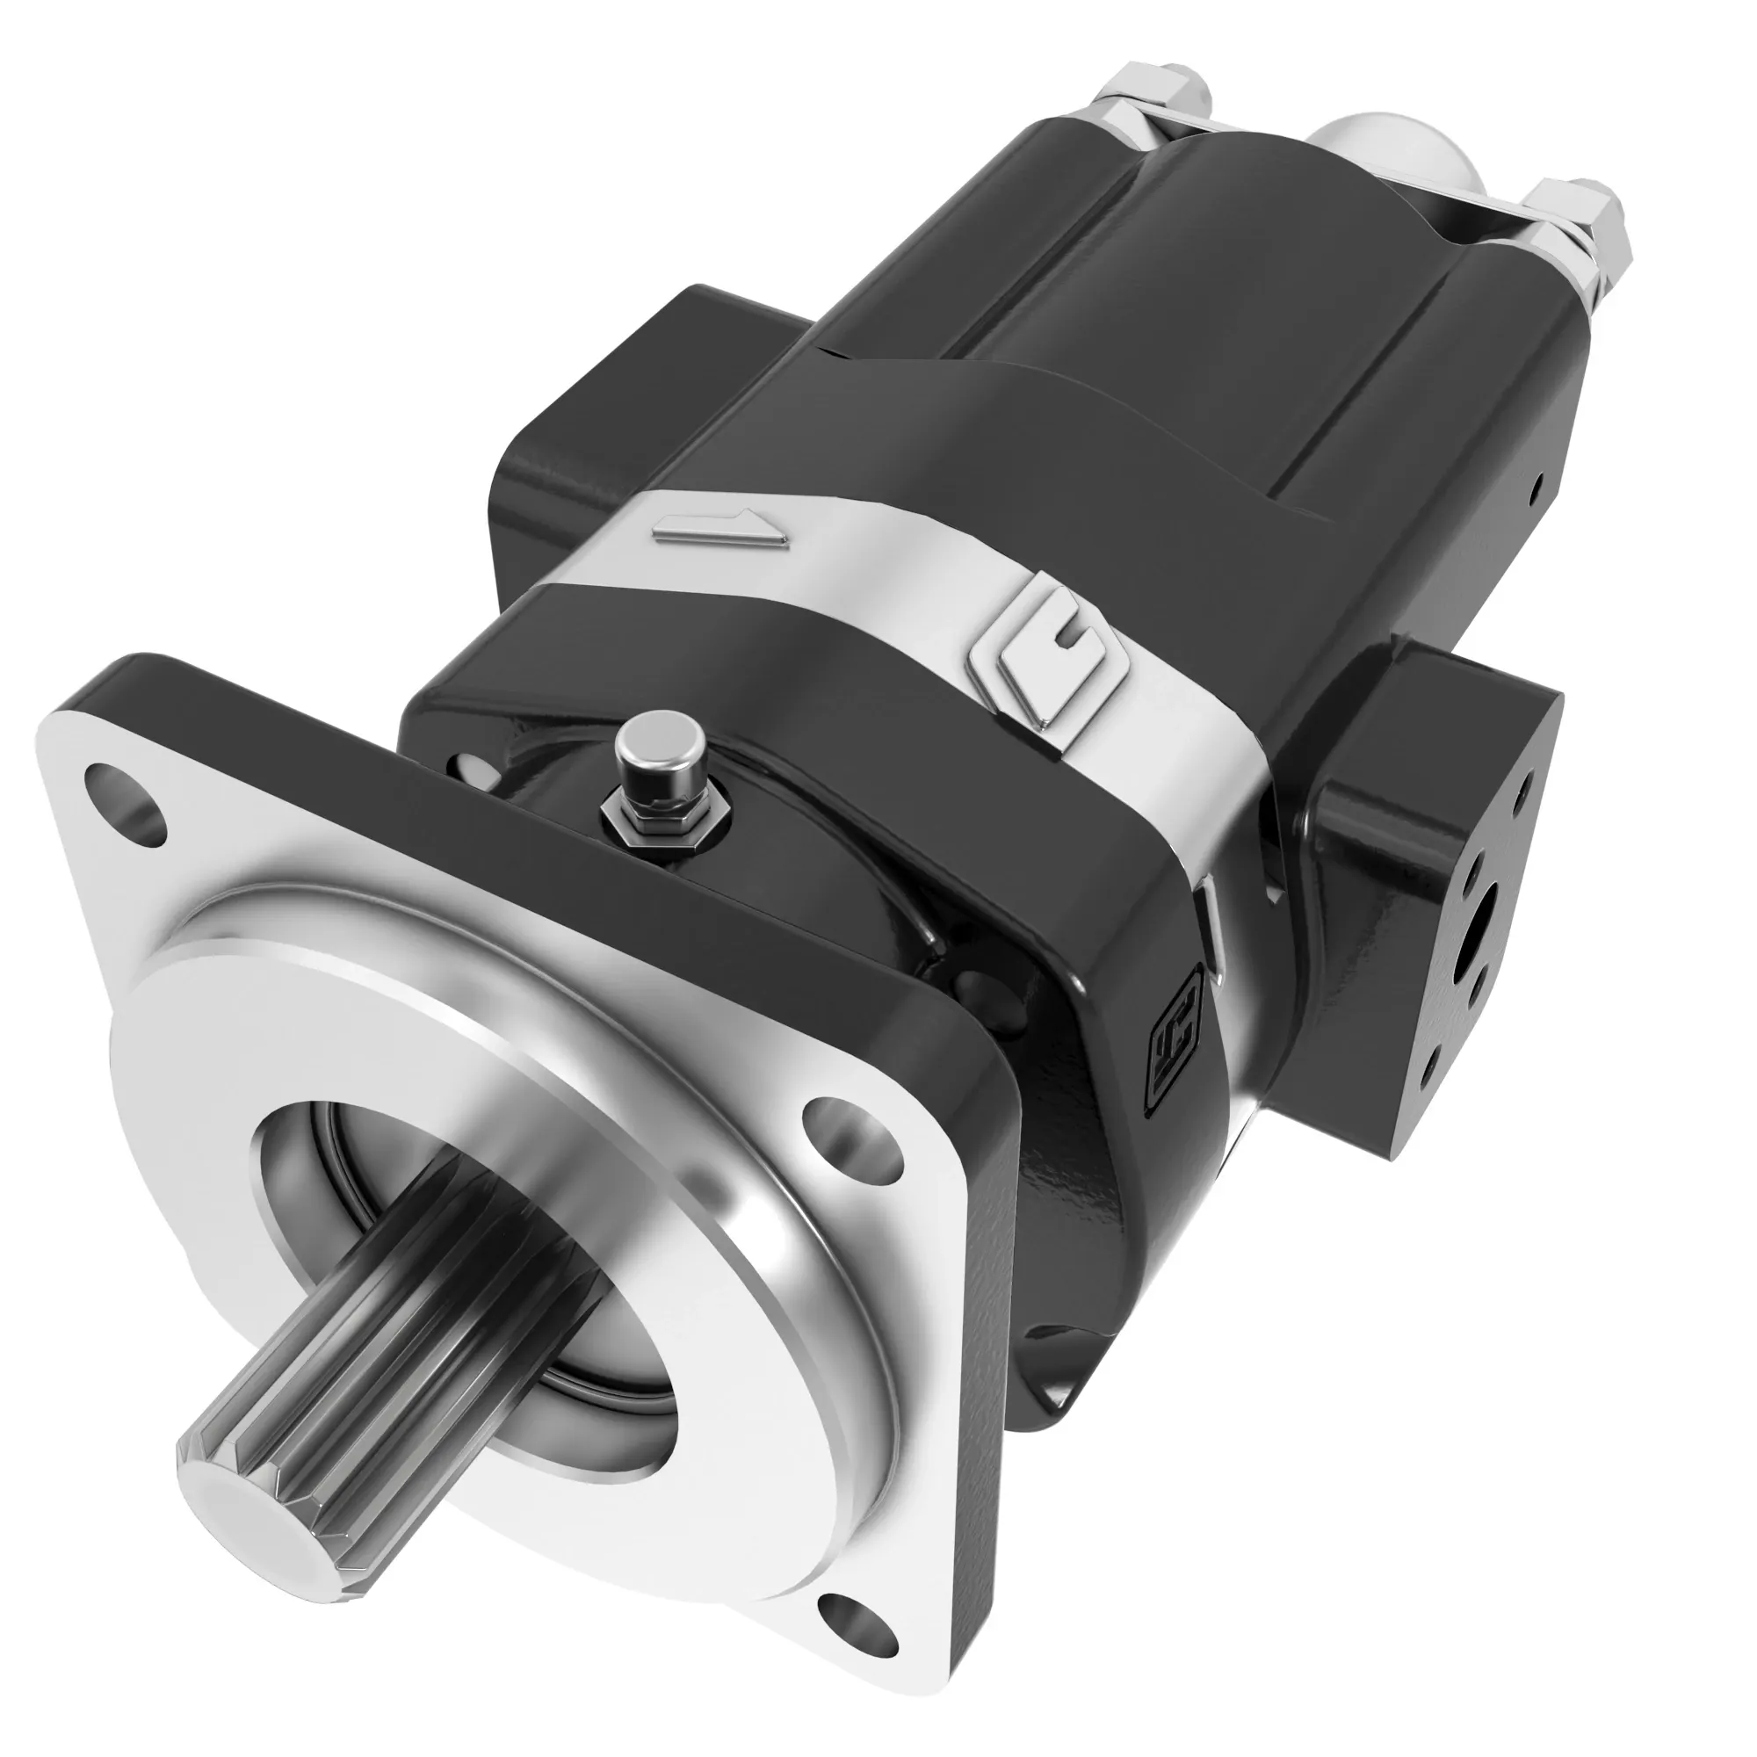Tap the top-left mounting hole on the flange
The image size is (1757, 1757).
coord(127,791)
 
